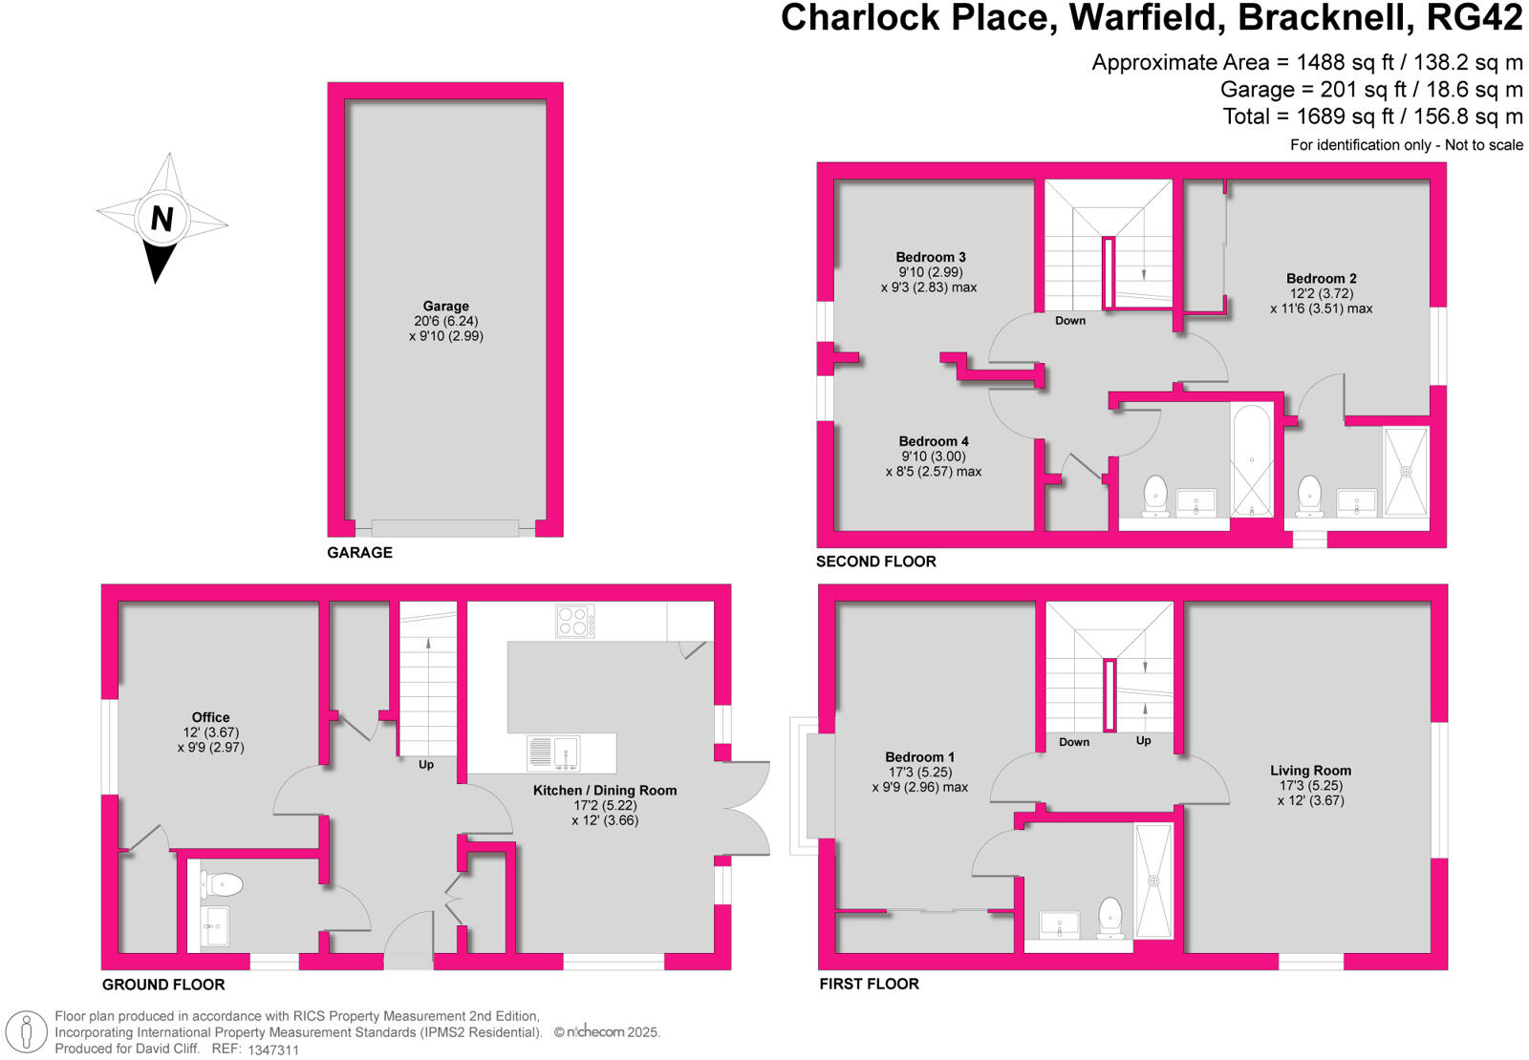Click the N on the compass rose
[x=162, y=219]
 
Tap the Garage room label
[x=445, y=307]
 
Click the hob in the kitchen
[x=574, y=622]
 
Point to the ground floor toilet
[x=222, y=884]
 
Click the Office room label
[x=210, y=717]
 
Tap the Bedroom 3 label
[x=930, y=257]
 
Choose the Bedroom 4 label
[x=933, y=441]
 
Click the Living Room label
[x=1310, y=771]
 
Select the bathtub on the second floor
[x=1252, y=460]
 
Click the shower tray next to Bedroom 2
[x=1406, y=472]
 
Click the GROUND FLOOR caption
[x=163, y=985]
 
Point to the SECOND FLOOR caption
[x=875, y=562]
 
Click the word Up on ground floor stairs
[x=426, y=765]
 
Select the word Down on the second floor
[x=1070, y=321]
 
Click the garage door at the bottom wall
[x=444, y=528]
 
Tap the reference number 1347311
[x=273, y=1049]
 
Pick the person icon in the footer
[x=27, y=1033]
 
